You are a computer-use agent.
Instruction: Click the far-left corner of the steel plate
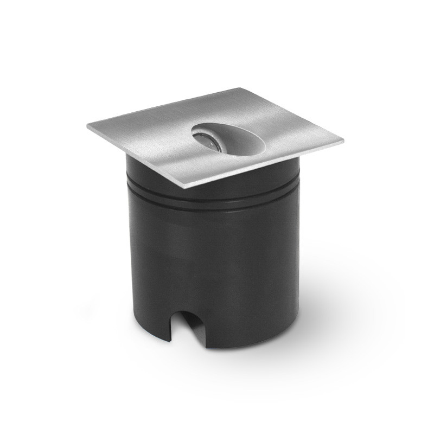click(88, 126)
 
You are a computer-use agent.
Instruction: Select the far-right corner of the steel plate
click(343, 142)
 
